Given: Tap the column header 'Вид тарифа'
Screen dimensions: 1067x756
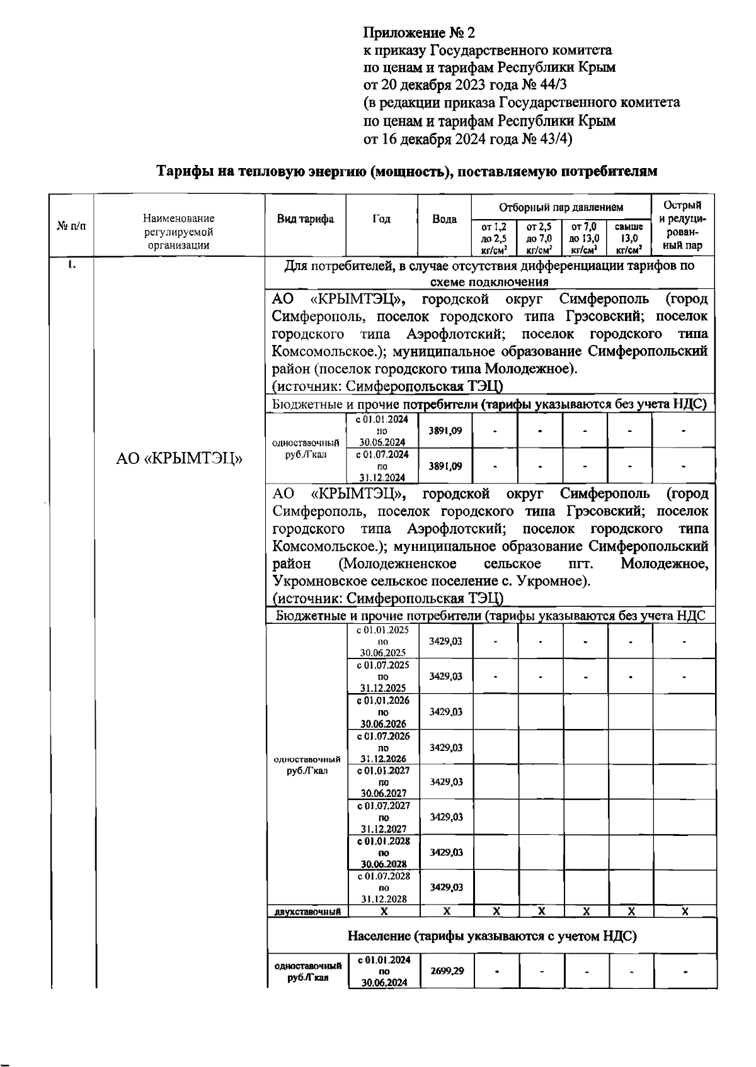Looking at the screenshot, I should [x=306, y=219].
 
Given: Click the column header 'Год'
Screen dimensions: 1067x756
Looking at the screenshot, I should [x=381, y=219].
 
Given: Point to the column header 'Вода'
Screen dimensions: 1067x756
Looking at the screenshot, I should [x=444, y=220].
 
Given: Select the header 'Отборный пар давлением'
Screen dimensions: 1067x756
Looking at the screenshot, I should [x=561, y=207].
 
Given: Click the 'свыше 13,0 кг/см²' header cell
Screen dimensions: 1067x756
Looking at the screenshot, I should [x=628, y=237].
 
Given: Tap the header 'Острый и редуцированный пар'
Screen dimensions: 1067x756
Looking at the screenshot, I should [x=683, y=225].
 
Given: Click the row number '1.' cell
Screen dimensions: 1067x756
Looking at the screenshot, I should [x=72, y=265].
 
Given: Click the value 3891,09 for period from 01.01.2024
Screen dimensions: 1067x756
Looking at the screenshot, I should [x=445, y=431].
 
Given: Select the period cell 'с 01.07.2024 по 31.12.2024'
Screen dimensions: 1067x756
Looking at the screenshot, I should [x=382, y=466].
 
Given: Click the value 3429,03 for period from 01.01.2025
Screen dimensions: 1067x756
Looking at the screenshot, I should [x=445, y=641].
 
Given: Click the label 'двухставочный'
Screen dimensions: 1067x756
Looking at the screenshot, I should [x=307, y=911].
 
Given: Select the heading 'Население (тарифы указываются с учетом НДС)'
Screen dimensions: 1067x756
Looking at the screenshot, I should [x=492, y=936].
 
